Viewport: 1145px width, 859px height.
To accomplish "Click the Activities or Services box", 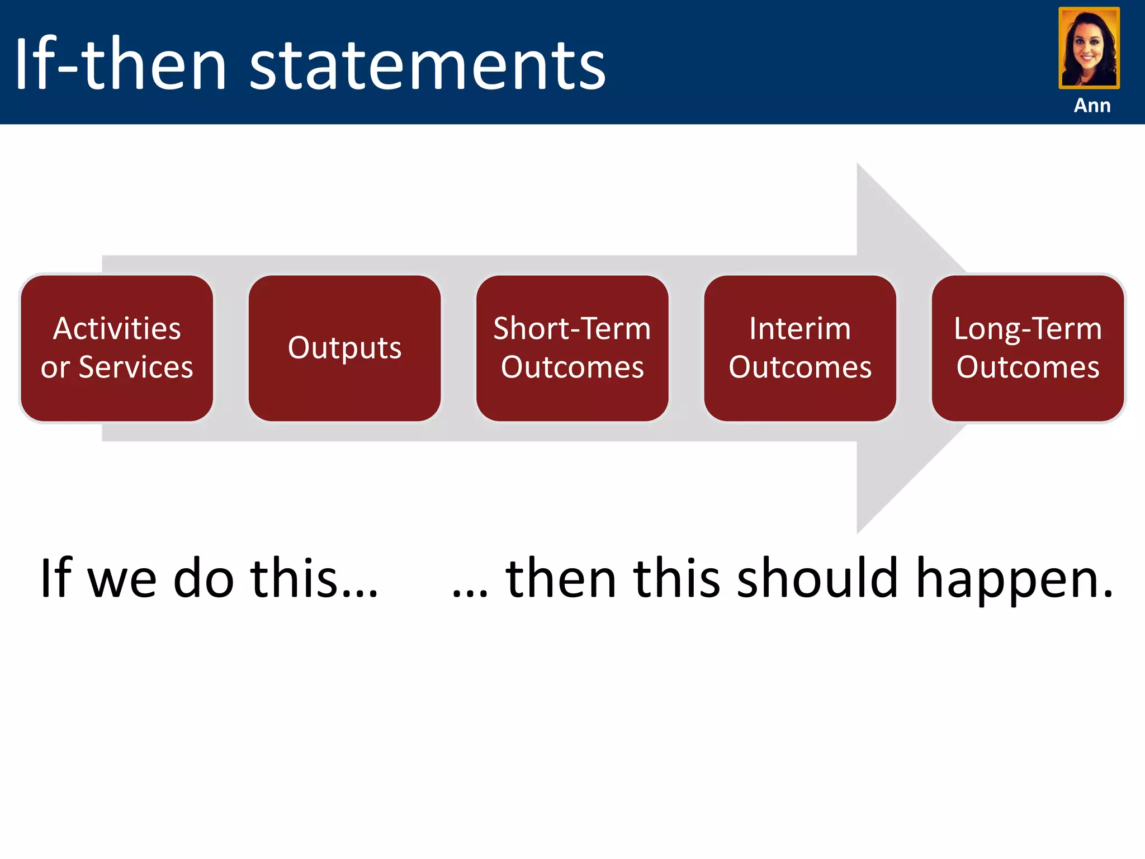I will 117,348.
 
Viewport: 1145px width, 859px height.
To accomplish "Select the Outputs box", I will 344,348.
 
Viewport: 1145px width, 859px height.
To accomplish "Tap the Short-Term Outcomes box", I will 572,348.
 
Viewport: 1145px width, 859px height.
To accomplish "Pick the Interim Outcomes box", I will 800,348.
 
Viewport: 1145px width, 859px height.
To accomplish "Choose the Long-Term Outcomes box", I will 1028,348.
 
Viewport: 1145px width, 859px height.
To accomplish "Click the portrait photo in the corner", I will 1089,48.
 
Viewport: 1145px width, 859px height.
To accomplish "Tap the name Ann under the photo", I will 1092,105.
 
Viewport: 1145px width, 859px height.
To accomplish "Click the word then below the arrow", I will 561,579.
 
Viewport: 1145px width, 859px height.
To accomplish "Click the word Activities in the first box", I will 117,328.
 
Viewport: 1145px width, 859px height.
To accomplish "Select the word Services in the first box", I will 136,367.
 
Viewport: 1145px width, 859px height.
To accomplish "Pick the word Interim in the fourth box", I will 800,328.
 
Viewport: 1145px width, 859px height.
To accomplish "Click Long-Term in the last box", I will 1028,329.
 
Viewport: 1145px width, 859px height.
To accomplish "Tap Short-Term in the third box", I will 572,328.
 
